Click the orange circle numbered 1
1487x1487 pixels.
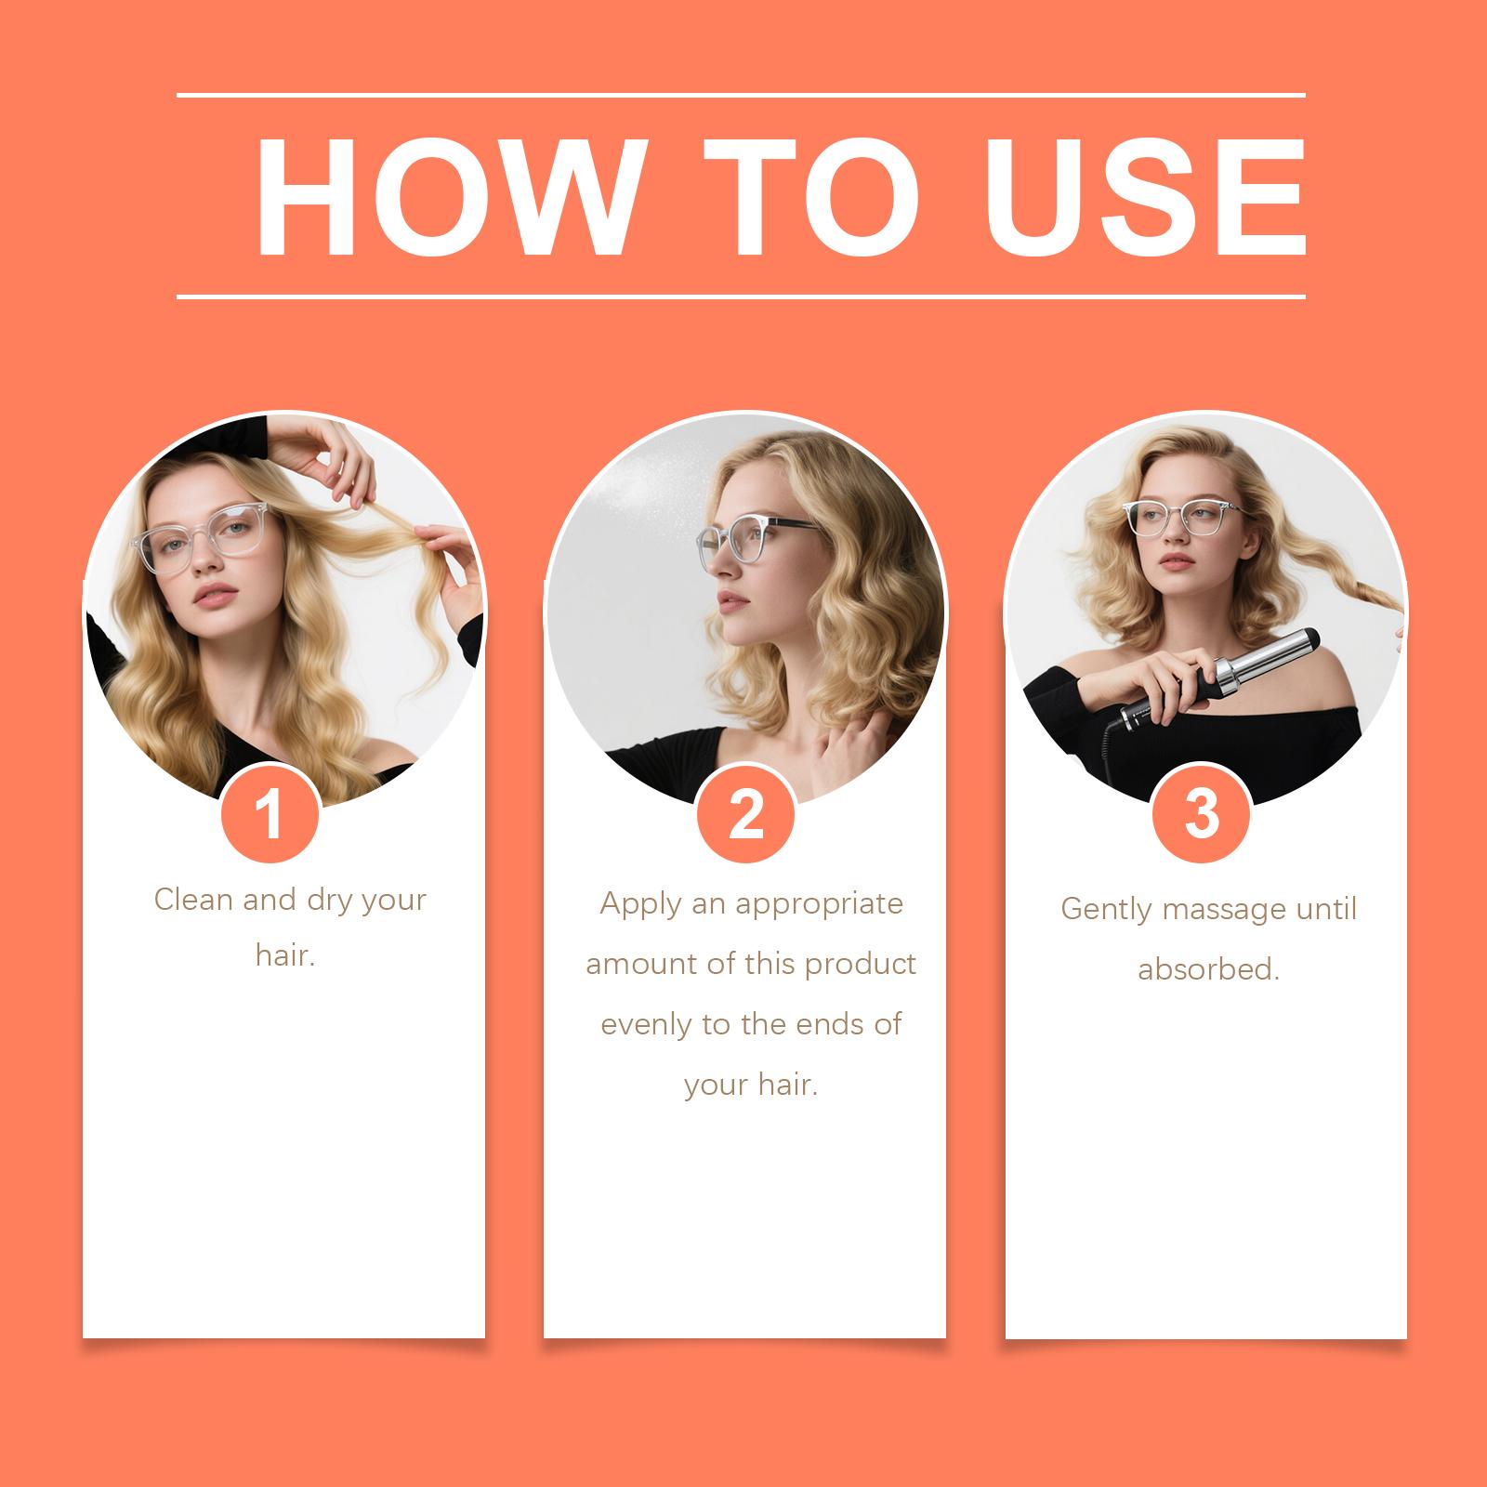[270, 814]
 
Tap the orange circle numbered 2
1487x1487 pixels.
[745, 814]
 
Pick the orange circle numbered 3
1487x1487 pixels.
[1201, 814]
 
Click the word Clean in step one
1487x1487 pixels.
[194, 899]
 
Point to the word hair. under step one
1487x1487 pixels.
[286, 955]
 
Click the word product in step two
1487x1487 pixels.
[861, 965]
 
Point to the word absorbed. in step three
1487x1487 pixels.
[1209, 969]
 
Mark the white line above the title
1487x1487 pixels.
[741, 95]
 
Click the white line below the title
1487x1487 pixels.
[741, 297]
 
